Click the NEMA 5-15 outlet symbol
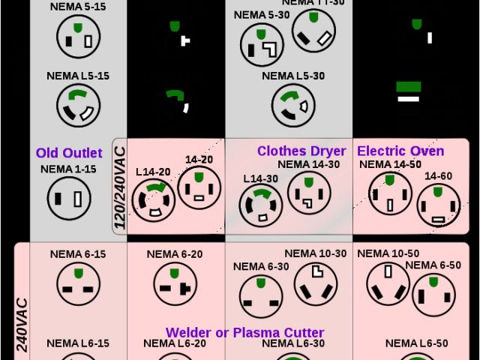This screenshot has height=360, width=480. point(77,36)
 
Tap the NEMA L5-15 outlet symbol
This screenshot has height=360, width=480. point(77,105)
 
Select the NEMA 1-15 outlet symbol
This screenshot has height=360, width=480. point(69,199)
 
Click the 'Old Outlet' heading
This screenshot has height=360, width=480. point(69,153)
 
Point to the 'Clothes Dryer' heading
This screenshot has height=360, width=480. point(301,151)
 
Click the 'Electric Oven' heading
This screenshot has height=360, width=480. point(400,151)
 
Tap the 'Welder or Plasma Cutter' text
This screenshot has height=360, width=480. point(244,332)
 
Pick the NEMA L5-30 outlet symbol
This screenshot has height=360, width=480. point(293,104)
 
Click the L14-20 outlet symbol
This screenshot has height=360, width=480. point(154,199)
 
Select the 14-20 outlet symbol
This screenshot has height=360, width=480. point(199,188)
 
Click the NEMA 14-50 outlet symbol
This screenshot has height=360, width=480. point(389,194)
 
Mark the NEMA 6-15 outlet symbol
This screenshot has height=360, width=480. point(78,283)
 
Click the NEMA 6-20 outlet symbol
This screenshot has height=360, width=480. point(175,283)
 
